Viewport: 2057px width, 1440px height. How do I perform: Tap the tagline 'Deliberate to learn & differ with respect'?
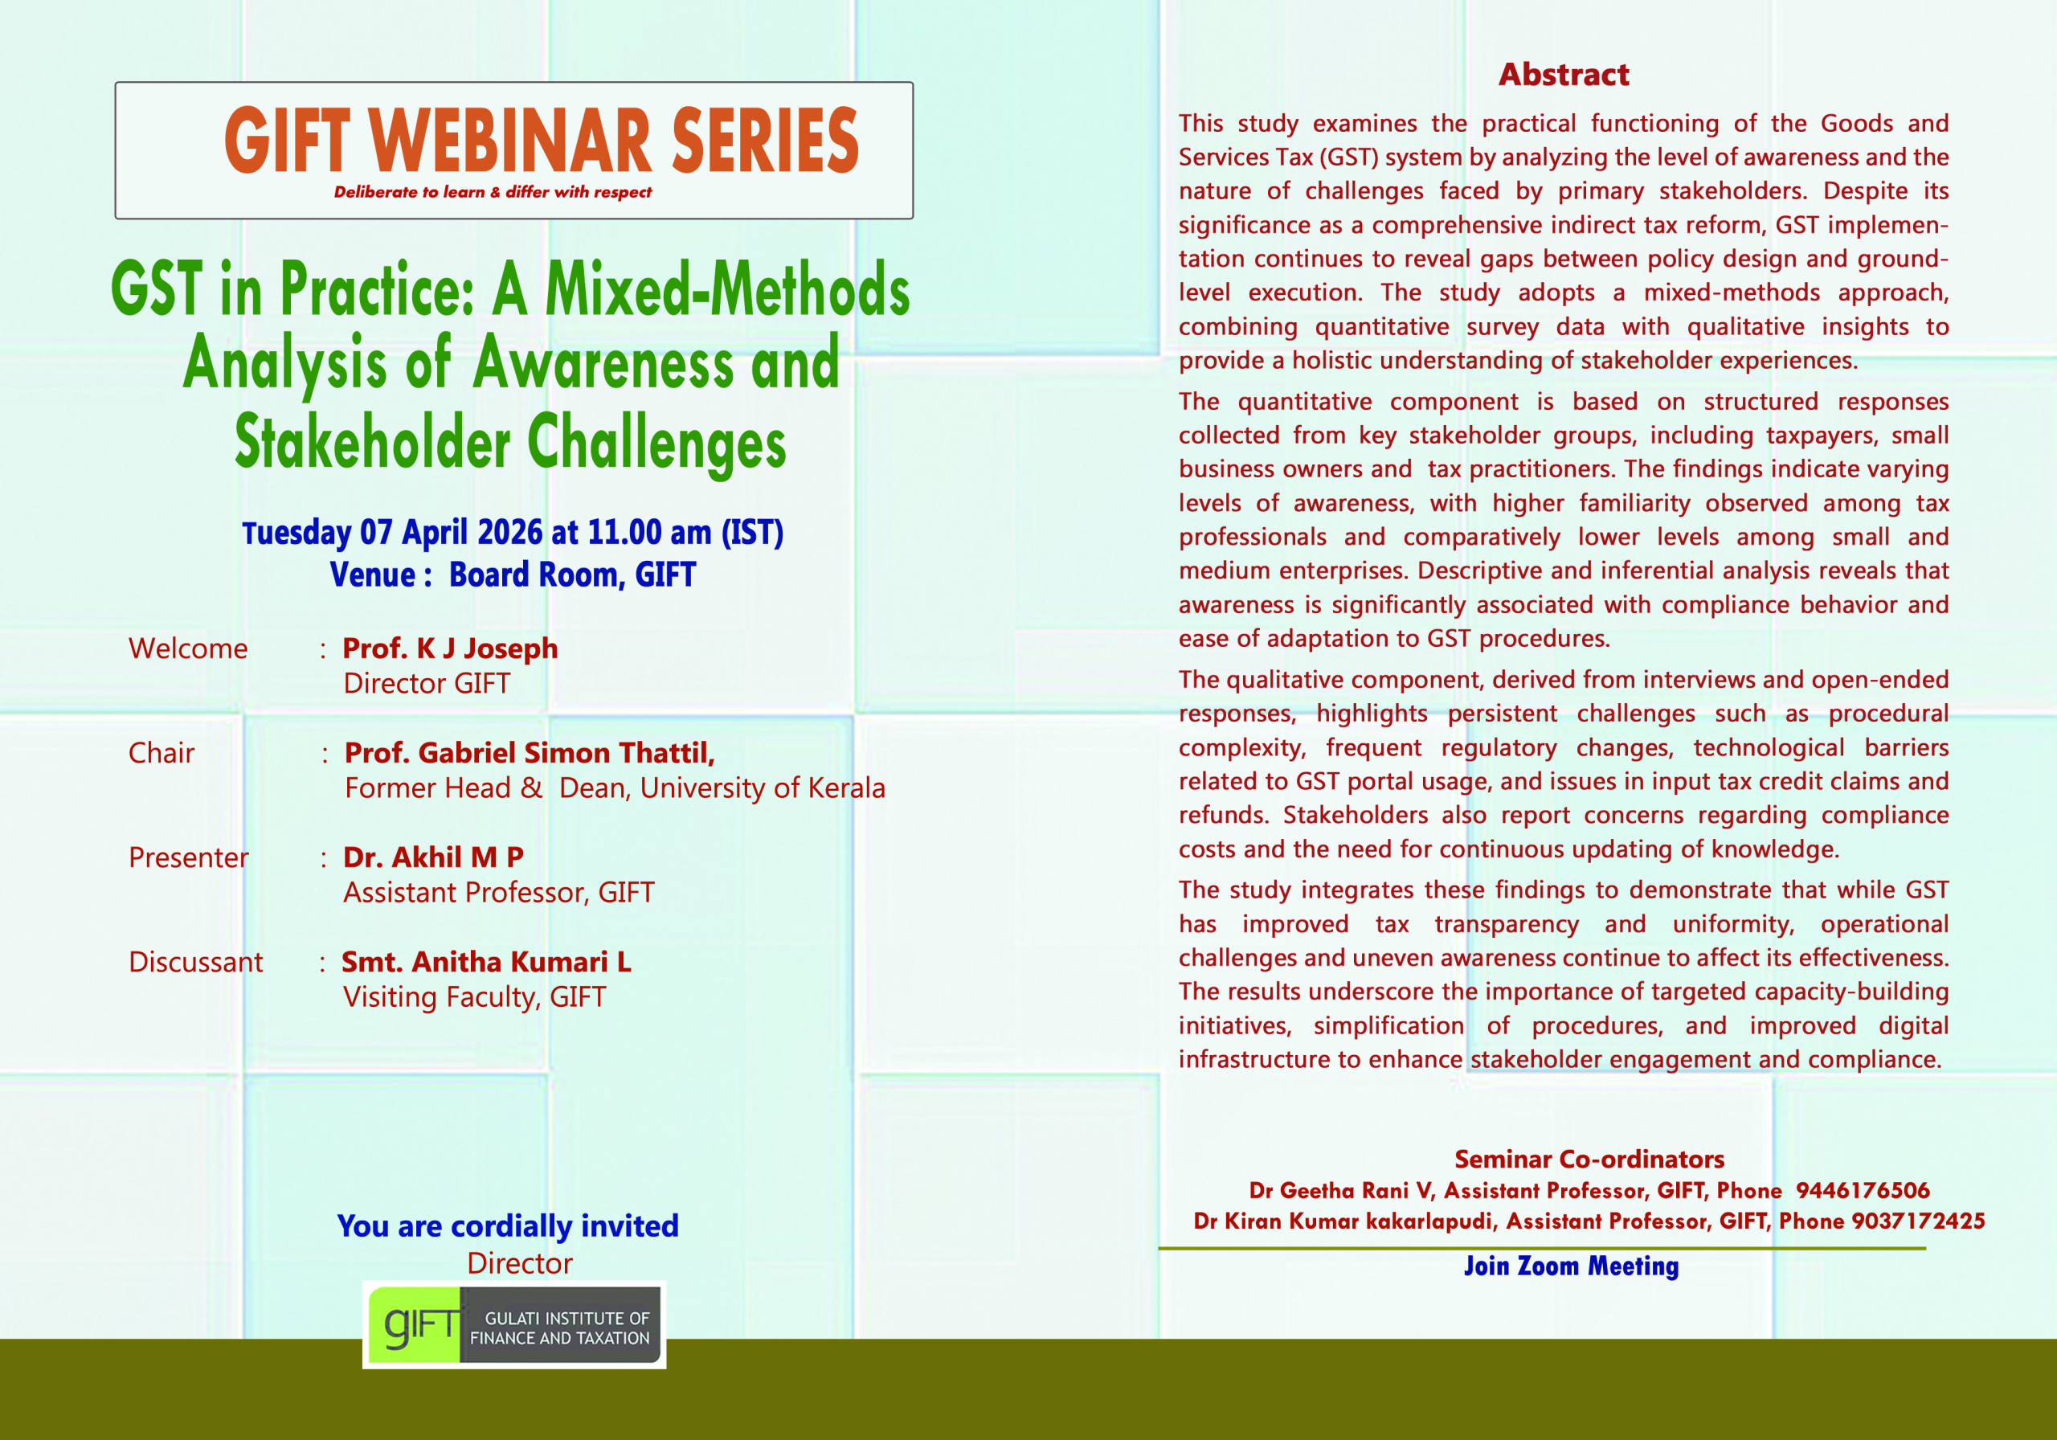493,192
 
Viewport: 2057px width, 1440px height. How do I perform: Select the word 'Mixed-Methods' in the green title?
727,288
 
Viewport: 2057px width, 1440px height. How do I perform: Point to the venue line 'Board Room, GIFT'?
572,575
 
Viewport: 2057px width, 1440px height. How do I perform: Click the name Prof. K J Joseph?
450,648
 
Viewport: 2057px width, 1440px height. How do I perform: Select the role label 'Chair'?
162,753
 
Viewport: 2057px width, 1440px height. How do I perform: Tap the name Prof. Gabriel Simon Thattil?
530,753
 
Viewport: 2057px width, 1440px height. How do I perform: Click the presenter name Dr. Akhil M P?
434,857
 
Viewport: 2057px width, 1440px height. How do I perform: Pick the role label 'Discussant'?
195,962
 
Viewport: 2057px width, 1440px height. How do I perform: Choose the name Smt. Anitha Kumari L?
486,962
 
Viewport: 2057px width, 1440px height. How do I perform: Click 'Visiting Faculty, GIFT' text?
475,996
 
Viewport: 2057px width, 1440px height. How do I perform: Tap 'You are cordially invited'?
508,1225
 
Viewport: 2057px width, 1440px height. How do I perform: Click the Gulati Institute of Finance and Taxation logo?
514,1324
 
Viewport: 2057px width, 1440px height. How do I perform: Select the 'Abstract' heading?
1564,75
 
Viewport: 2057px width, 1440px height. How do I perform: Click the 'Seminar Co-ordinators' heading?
1589,1159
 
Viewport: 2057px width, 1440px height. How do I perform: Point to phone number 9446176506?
1863,1190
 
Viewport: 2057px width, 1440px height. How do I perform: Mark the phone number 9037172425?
1918,1221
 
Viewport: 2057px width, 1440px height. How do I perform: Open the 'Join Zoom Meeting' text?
1572,1266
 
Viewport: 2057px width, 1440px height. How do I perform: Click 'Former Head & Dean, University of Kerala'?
615,787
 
